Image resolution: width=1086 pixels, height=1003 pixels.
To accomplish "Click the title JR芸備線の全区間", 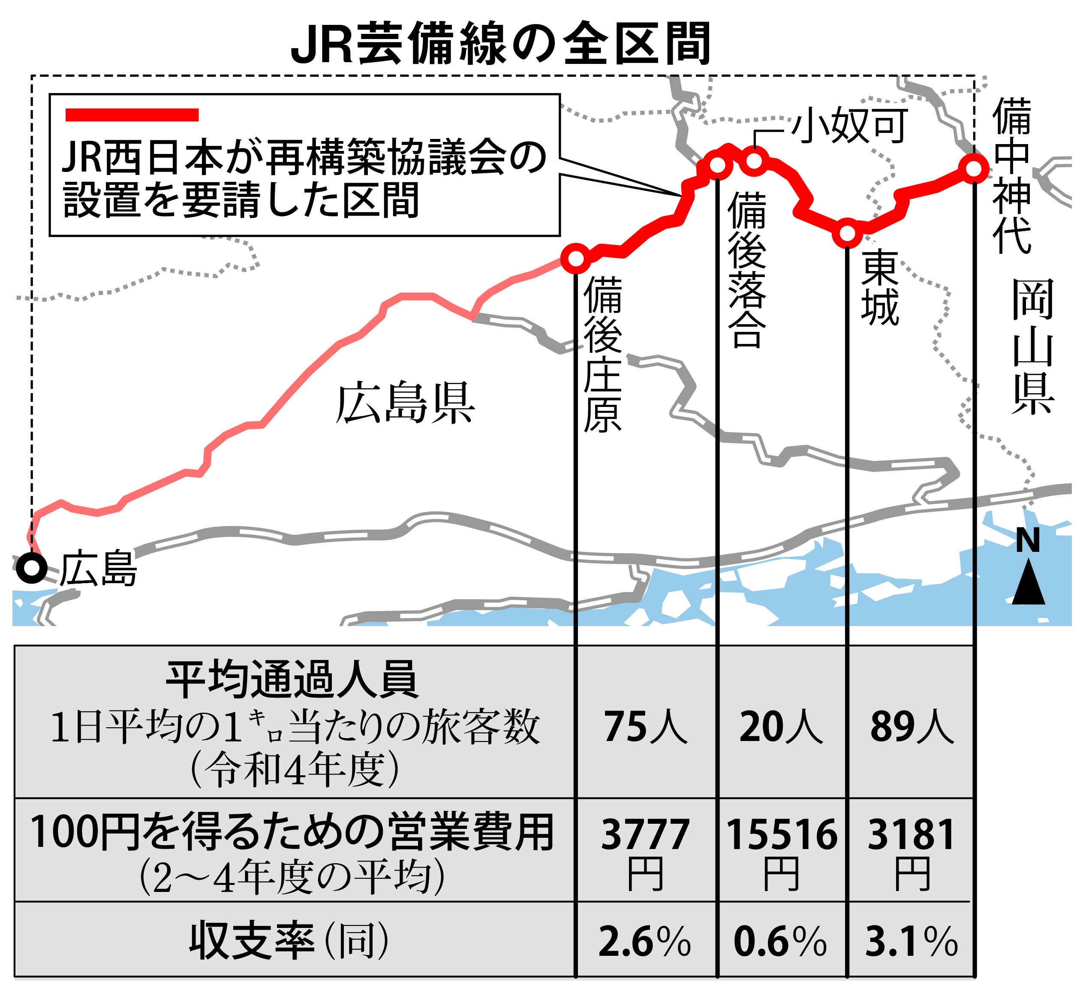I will pos(500,43).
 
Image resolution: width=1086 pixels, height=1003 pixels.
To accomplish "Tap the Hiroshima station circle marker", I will pos(31,568).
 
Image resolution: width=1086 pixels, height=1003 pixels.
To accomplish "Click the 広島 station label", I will pos(98,569).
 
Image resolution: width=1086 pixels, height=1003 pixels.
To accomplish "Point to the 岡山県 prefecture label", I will pos(1032,347).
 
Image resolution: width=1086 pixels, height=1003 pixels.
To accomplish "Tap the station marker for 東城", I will pos(847,233).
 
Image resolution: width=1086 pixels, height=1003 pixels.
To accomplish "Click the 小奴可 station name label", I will pos(850,125).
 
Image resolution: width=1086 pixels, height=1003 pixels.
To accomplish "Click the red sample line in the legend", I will pos(132,114).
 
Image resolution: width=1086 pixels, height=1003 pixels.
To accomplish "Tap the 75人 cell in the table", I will pos(645,727).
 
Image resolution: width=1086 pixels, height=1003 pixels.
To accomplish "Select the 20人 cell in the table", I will pos(781,727).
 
